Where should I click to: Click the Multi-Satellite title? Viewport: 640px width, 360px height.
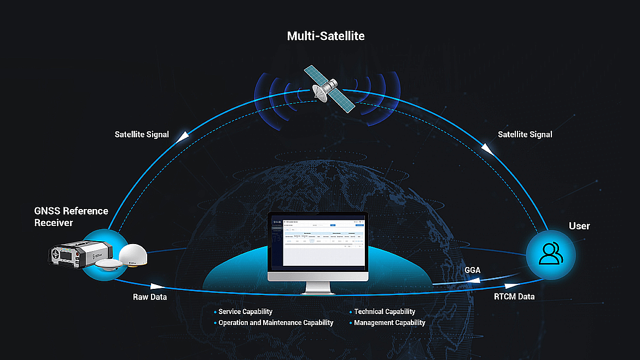coord(325,37)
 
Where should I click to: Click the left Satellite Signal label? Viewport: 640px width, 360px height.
coord(142,134)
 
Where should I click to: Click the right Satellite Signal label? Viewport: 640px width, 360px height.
coord(525,134)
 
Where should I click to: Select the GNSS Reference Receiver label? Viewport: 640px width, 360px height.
coord(71,217)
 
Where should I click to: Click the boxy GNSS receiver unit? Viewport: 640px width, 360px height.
coord(79,252)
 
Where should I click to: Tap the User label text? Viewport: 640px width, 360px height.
coord(579,226)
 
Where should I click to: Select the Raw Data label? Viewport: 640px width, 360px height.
coord(150,297)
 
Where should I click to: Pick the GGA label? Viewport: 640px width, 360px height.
coord(473,270)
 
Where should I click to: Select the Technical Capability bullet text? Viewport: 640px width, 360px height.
coord(385,312)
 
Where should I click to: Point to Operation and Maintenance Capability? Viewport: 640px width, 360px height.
coord(276,323)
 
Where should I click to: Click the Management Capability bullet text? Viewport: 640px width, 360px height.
coord(389,323)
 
